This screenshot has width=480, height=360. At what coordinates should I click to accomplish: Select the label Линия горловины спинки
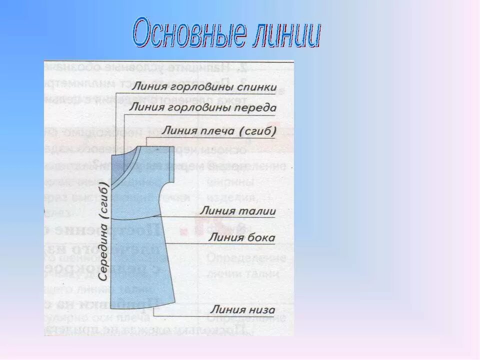(x=204, y=87)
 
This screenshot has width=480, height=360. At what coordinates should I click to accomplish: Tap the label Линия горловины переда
(x=203, y=107)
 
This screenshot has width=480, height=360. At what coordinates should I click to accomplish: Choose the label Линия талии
(x=237, y=211)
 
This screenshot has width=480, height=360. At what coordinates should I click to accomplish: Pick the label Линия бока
(x=241, y=237)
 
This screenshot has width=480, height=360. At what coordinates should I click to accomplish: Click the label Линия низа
(x=242, y=309)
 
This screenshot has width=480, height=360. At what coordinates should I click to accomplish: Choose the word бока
(x=261, y=237)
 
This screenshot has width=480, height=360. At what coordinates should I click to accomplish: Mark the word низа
(x=262, y=309)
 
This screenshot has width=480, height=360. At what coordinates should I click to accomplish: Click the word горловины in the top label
(x=199, y=87)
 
